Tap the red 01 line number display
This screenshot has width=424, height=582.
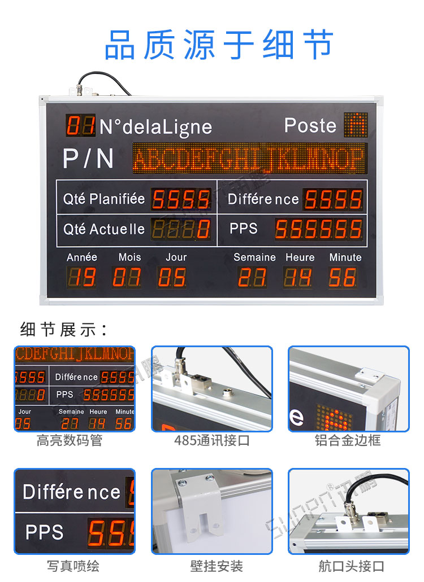tap(80, 125)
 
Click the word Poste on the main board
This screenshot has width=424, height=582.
tap(310, 125)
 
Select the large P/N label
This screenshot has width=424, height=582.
tap(88, 159)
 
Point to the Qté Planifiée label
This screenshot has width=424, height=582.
tap(104, 199)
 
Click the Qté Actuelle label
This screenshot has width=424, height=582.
tap(104, 229)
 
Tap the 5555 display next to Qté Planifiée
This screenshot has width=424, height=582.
tap(181, 199)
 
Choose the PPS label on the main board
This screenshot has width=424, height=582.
tap(244, 229)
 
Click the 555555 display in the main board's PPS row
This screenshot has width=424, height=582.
tap(319, 229)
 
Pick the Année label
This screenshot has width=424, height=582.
tap(82, 257)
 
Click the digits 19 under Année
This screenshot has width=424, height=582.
tap(82, 277)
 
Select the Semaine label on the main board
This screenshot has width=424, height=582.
tap(254, 257)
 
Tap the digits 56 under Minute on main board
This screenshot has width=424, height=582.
tap(343, 277)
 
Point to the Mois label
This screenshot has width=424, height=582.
tap(129, 257)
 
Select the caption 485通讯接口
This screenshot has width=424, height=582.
tap(211, 441)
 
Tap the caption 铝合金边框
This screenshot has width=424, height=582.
tap(348, 441)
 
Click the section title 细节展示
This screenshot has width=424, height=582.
tap(63, 329)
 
